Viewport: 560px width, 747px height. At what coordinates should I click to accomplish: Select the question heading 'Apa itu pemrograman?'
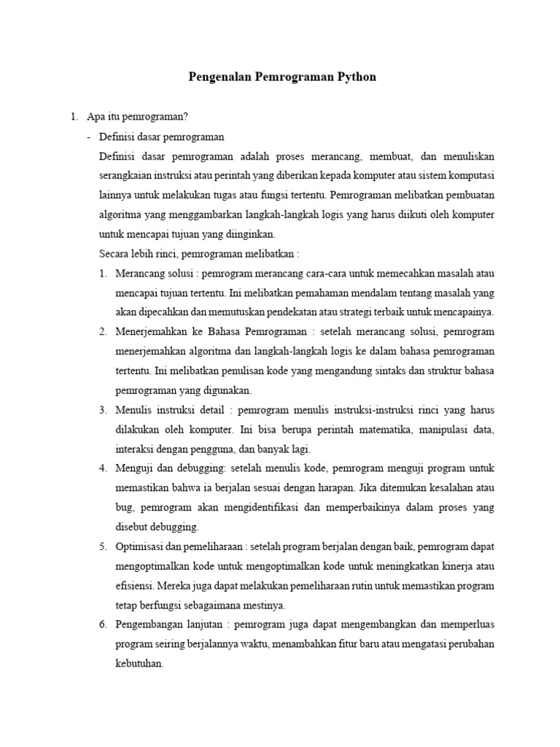(x=137, y=117)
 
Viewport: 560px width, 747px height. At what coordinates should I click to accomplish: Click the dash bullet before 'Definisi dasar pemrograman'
(x=89, y=136)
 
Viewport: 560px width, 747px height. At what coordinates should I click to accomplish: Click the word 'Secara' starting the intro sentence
(x=113, y=254)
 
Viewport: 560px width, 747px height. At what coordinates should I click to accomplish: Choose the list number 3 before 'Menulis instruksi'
(x=103, y=410)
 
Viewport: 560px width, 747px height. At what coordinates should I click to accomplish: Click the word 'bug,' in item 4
(x=125, y=507)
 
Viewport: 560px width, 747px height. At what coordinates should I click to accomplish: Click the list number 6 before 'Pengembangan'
(x=103, y=624)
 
